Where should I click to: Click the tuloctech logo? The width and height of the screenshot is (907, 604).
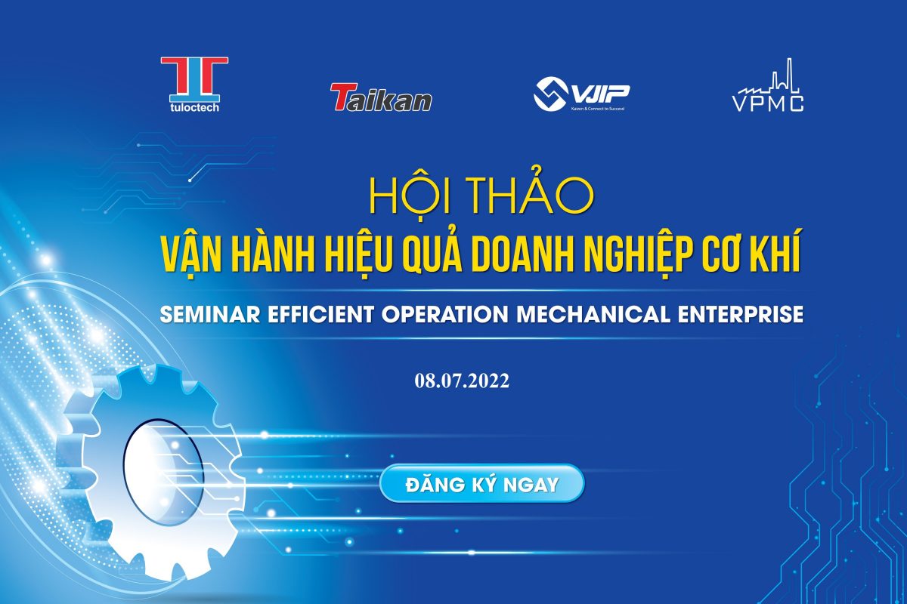(194, 84)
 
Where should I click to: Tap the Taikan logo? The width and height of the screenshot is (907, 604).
(381, 97)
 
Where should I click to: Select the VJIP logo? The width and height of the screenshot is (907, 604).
(581, 94)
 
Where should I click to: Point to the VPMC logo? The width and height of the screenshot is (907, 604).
(768, 85)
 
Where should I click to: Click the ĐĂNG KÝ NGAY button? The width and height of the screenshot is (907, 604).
(482, 484)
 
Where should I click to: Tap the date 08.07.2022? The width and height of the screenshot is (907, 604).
(462, 381)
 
